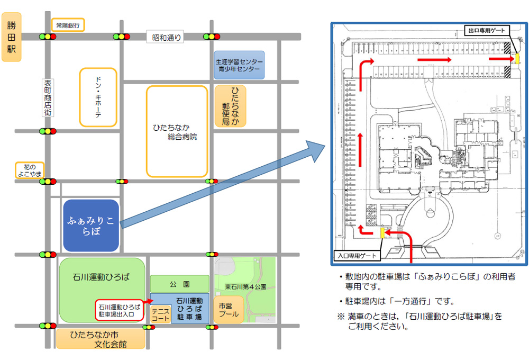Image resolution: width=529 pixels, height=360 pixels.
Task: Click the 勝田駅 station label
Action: (12, 37)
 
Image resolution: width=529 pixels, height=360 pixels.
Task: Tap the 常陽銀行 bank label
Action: (68, 25)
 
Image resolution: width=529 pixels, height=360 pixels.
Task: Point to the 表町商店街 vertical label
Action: (48, 98)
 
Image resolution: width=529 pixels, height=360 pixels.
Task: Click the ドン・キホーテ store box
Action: (98, 97)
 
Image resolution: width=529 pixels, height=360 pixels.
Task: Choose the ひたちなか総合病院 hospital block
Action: (177, 131)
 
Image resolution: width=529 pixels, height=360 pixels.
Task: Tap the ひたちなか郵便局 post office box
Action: (231, 106)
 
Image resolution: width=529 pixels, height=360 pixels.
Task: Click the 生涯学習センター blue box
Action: (239, 65)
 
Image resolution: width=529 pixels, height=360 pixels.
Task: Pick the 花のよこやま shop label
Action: (30, 170)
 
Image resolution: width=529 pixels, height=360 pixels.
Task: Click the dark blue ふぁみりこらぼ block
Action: (91, 226)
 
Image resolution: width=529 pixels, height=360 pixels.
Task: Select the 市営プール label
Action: (229, 310)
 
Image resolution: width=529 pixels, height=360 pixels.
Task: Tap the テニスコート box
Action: (160, 314)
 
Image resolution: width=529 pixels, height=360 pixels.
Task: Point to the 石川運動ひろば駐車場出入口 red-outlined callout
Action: (120, 310)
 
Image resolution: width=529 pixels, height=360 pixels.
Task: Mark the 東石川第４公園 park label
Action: (245, 287)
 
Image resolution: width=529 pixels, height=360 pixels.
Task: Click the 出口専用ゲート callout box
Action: (487, 30)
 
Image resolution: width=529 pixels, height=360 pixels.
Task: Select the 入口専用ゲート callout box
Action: (357, 256)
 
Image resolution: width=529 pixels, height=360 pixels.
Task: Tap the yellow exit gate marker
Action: (517, 58)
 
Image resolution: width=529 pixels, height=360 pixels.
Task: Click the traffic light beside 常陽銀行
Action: (48, 37)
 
